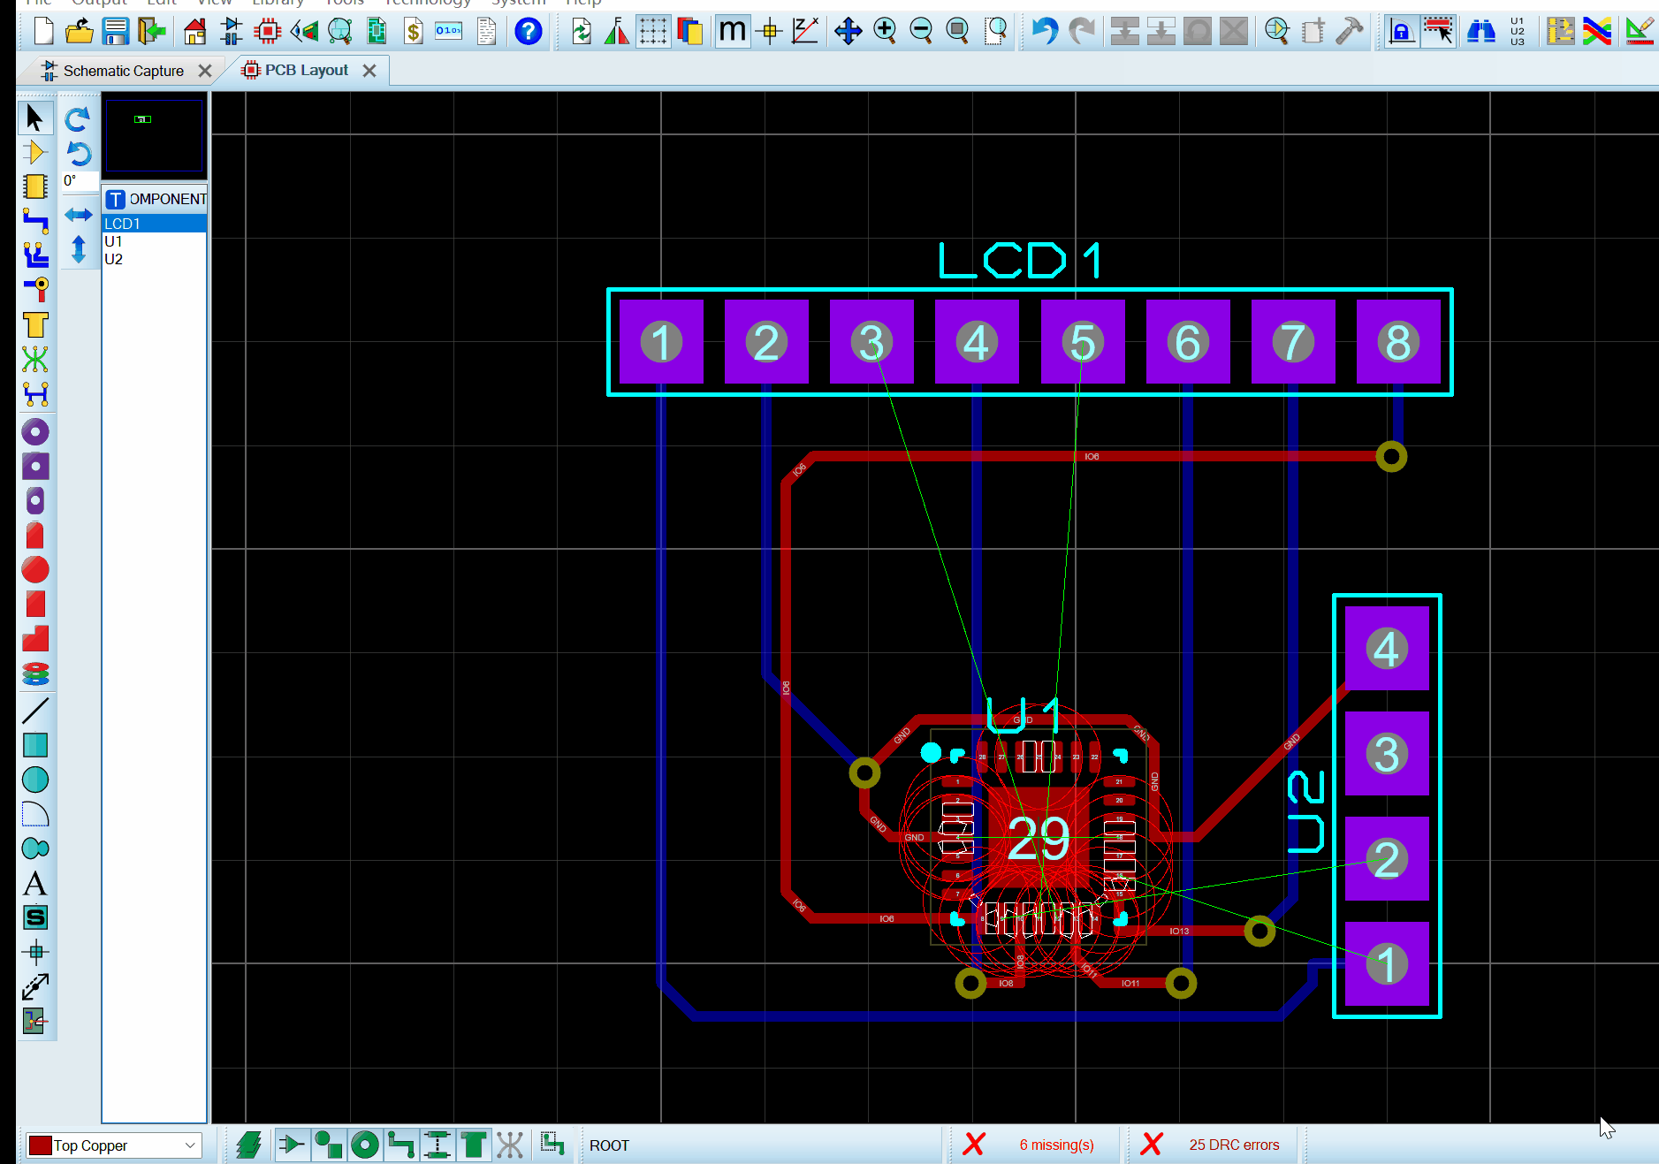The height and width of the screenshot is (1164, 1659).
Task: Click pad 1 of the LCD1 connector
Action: point(661,342)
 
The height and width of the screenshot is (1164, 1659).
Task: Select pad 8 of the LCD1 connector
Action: point(1398,342)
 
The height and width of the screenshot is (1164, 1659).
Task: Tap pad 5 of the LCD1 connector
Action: point(1083,342)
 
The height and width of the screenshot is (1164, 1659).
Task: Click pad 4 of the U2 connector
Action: point(1386,649)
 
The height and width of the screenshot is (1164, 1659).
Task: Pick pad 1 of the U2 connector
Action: point(1386,964)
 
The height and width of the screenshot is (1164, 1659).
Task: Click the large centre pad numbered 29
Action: point(1039,837)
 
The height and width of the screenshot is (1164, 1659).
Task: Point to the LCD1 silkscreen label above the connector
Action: point(1020,261)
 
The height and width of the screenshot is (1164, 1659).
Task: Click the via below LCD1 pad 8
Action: point(1391,456)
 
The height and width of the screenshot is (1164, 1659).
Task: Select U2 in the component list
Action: point(114,259)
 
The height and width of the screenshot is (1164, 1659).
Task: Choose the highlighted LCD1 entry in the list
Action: point(123,224)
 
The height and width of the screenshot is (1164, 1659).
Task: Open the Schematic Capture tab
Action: point(123,71)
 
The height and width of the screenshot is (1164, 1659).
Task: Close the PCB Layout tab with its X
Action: point(369,71)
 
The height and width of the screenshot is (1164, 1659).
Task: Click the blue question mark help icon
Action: point(528,32)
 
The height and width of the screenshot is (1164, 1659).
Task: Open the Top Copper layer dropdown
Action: point(113,1145)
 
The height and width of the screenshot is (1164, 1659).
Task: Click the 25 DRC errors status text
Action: point(1233,1145)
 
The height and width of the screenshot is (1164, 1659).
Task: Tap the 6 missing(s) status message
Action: point(1056,1145)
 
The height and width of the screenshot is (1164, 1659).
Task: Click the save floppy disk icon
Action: point(116,32)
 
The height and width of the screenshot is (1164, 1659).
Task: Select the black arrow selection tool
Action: point(35,117)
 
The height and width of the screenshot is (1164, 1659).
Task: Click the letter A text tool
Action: point(35,883)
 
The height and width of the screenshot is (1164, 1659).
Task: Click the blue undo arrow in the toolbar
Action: point(1044,32)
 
